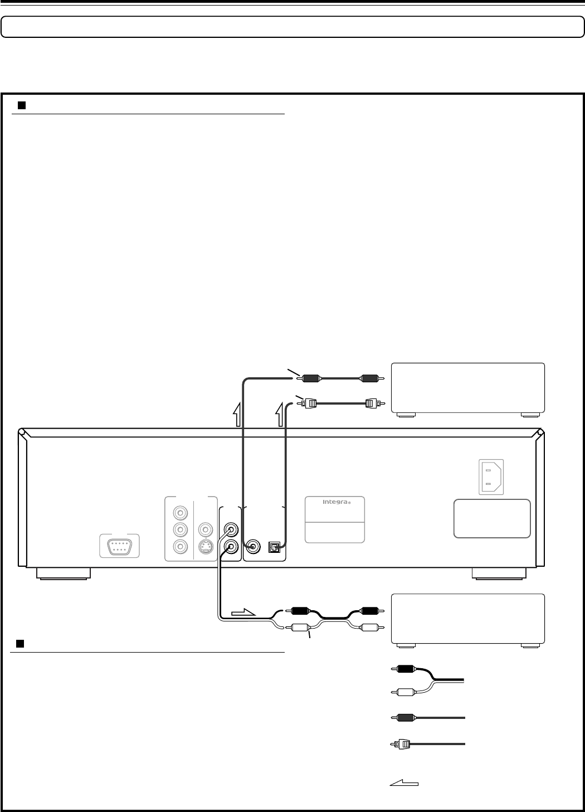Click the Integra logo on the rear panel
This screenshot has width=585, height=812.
[335, 502]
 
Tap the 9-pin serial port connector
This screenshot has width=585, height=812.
[119, 546]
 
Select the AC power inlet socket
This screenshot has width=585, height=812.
[491, 476]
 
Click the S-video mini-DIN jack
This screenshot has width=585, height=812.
[206, 547]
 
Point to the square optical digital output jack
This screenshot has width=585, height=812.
[274, 547]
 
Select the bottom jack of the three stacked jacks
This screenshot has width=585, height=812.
[179, 547]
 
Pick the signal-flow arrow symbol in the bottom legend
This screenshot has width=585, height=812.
[404, 783]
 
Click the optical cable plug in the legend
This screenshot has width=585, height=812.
[400, 744]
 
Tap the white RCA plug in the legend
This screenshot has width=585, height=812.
[403, 693]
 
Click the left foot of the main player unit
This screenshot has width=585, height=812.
[64, 573]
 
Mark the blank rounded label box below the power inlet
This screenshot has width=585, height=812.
[492, 518]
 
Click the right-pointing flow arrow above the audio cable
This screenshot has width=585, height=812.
[243, 614]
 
